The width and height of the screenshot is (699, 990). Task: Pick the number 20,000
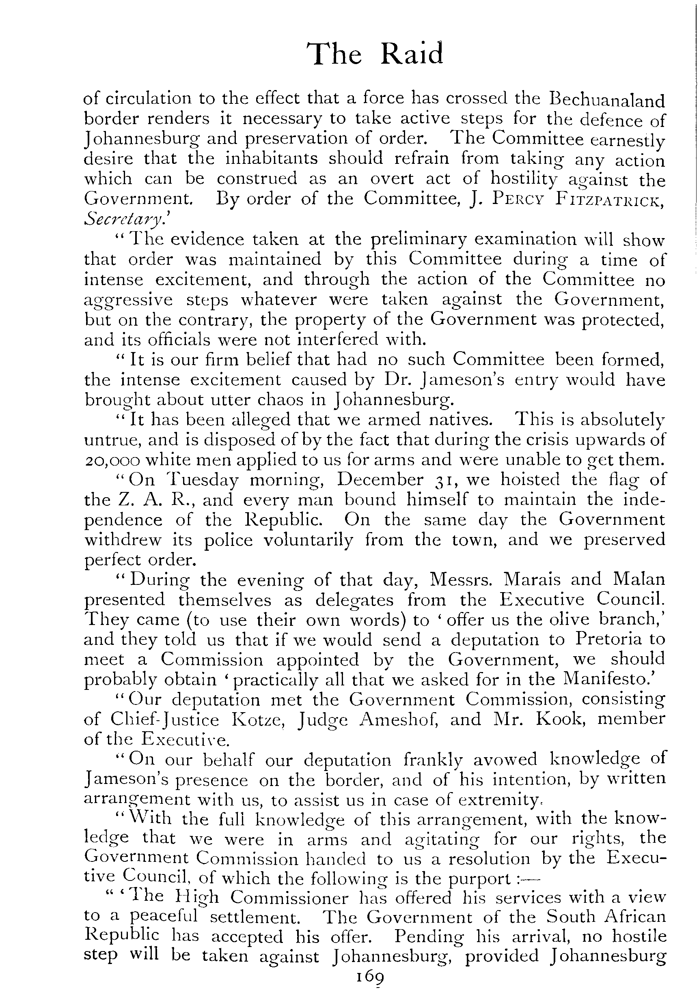(112, 460)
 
